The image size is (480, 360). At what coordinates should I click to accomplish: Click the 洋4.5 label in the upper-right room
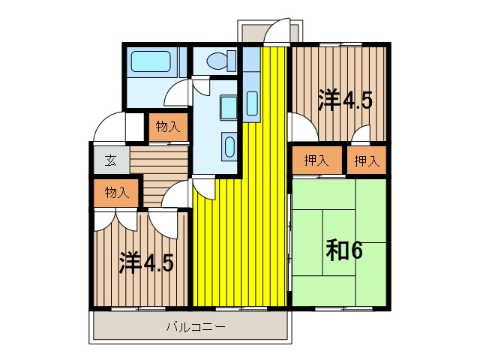(x=345, y=100)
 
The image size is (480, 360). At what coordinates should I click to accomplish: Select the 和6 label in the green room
(x=344, y=250)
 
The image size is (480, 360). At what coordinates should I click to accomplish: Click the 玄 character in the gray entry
(x=109, y=160)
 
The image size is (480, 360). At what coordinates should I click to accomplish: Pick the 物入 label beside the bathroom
(x=166, y=127)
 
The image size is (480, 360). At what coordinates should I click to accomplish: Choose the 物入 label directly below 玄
(x=117, y=192)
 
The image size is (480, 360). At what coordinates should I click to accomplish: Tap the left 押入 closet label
(x=316, y=160)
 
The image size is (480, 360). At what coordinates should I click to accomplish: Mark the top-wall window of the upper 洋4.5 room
(x=338, y=46)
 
